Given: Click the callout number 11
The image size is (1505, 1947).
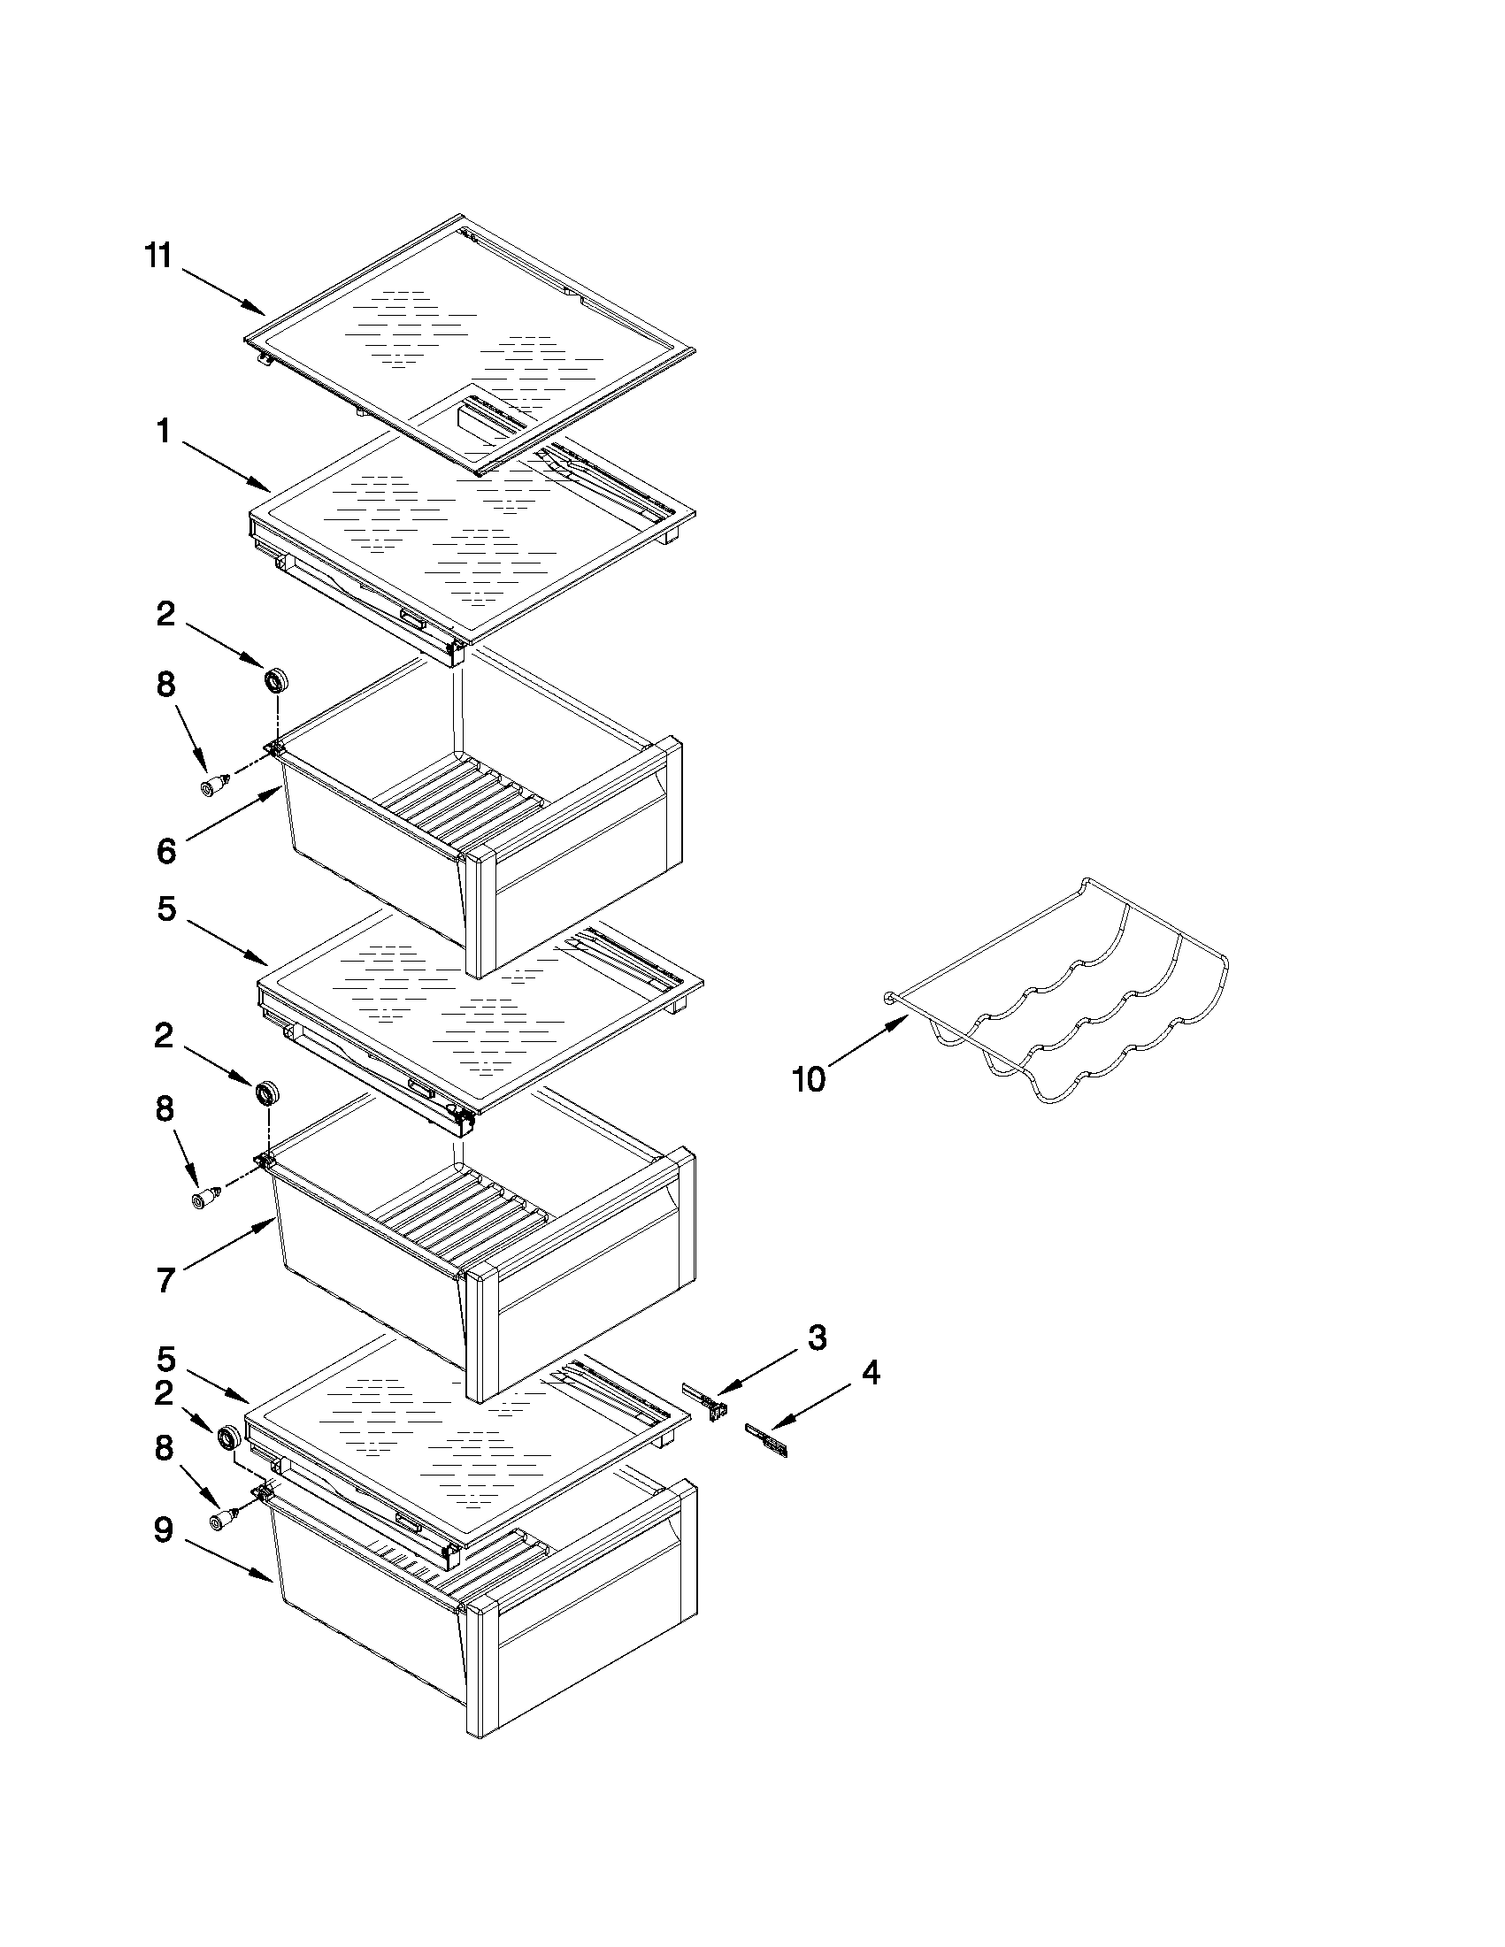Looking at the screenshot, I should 157,256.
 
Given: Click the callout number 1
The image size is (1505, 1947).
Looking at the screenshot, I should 164,432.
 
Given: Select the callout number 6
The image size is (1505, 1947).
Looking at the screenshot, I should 165,850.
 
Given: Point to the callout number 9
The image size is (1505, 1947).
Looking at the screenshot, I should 163,1529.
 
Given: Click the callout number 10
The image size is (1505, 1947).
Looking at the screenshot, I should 809,1079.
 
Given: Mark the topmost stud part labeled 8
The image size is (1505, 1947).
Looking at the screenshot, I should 214,785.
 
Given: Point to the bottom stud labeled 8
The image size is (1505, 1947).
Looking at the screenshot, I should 221,1519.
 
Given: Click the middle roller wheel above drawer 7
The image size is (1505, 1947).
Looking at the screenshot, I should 266,1093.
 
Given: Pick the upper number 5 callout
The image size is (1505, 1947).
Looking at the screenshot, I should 166,909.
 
